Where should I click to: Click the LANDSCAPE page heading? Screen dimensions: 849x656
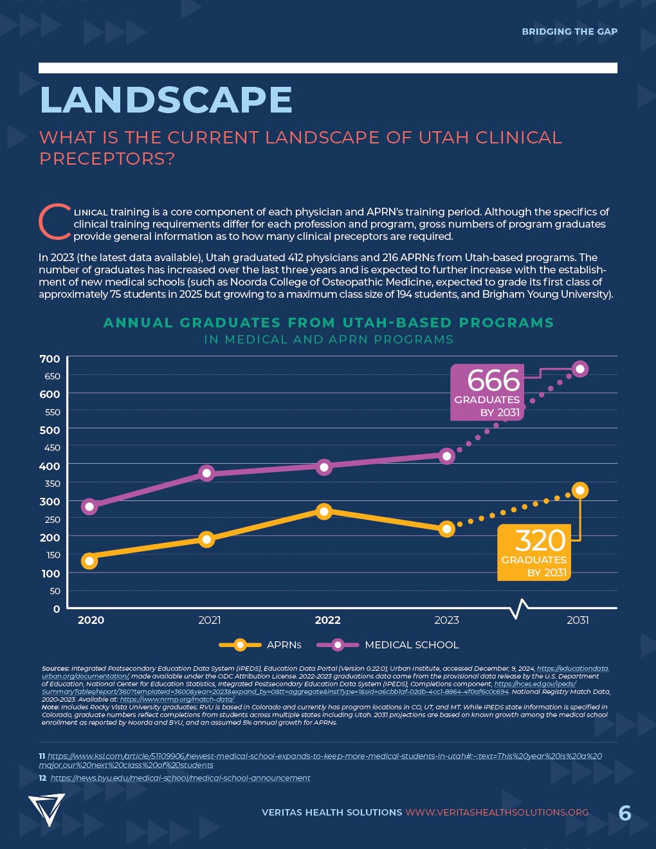point(166,100)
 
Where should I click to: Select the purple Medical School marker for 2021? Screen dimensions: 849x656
point(206,473)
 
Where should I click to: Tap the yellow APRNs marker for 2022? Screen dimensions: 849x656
point(324,511)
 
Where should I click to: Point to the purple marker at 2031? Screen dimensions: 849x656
point(580,369)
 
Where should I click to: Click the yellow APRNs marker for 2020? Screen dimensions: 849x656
point(89,561)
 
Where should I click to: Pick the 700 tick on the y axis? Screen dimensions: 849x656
point(50,359)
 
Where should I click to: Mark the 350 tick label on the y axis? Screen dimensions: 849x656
point(52,484)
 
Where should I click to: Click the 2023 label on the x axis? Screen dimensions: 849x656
point(446,620)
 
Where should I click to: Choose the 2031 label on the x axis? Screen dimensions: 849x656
point(578,620)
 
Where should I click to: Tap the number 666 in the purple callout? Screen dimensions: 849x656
point(493,381)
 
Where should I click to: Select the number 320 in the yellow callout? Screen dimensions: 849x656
point(540,541)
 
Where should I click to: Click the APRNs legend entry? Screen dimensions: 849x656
point(284,644)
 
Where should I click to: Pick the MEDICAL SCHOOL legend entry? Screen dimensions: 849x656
point(412,644)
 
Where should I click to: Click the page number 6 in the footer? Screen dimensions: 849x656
point(624,813)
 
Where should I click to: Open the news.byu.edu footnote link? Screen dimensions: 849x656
point(180,778)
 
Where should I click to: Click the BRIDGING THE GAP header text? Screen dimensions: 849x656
point(569,32)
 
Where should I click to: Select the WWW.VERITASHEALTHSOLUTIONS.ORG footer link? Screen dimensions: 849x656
point(497,812)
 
